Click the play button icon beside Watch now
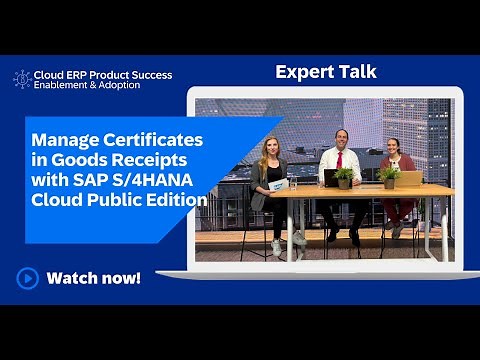tap(28, 277)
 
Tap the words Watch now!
tap(94, 277)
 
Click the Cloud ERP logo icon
tap(22, 79)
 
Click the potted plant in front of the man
tap(345, 176)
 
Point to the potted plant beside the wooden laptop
tap(388, 176)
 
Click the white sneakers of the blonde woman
tap(285, 239)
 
